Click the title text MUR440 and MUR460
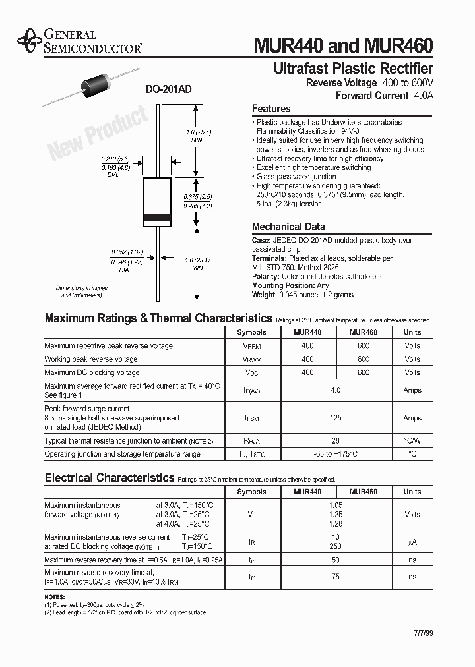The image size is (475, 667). click(343, 45)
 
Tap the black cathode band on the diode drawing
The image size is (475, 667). click(157, 218)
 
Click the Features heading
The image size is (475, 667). click(271, 109)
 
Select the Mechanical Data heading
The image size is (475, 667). click(288, 227)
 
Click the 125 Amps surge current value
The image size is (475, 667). click(335, 418)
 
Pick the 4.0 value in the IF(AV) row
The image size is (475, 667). click(335, 390)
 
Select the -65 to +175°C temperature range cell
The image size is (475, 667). click(335, 454)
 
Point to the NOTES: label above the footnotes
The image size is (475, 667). click(55, 596)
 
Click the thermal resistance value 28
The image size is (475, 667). click(335, 440)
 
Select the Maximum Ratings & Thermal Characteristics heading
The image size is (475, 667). click(158, 318)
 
